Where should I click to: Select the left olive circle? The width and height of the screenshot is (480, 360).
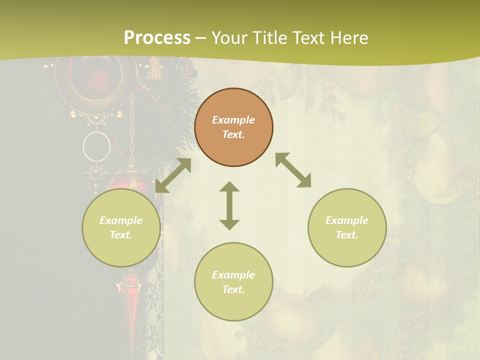[x=121, y=227]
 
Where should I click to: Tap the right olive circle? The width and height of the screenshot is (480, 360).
[x=347, y=227]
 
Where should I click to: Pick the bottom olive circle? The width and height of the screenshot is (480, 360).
[x=233, y=281]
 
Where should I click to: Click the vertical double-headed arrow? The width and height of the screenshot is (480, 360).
[x=229, y=205]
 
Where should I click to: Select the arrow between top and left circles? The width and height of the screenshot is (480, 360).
[x=173, y=175]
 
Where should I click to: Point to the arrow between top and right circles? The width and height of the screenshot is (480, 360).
[x=293, y=170]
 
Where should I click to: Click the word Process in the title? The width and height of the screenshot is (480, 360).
[x=157, y=37]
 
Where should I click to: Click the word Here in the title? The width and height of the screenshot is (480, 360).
[x=348, y=37]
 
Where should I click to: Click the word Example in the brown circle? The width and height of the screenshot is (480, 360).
[x=233, y=120]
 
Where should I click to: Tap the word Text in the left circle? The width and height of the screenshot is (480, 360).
[x=121, y=235]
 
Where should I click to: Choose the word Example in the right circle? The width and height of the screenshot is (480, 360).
[x=347, y=220]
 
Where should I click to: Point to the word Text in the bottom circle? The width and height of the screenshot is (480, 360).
[x=233, y=289]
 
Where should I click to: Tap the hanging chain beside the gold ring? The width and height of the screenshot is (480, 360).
[x=131, y=132]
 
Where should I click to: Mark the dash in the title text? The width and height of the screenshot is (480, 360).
[x=201, y=38]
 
